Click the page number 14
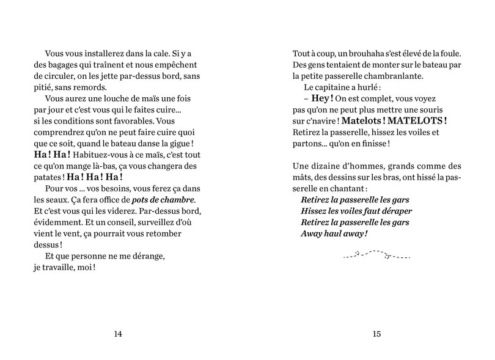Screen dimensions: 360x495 pos(119,334)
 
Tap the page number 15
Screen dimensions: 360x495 pos(376,334)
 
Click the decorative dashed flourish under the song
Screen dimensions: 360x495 pos(376,254)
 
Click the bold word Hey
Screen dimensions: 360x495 pos(322,98)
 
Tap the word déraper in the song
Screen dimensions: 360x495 pos(391,211)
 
